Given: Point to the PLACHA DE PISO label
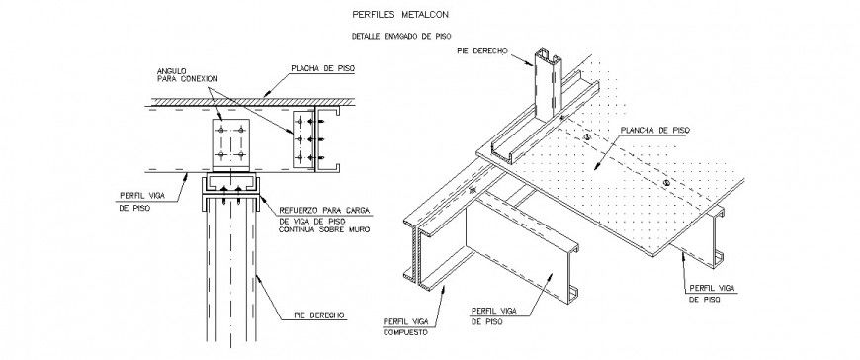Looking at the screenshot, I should pos(321,69).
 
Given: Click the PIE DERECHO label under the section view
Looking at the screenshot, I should pos(318,315).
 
